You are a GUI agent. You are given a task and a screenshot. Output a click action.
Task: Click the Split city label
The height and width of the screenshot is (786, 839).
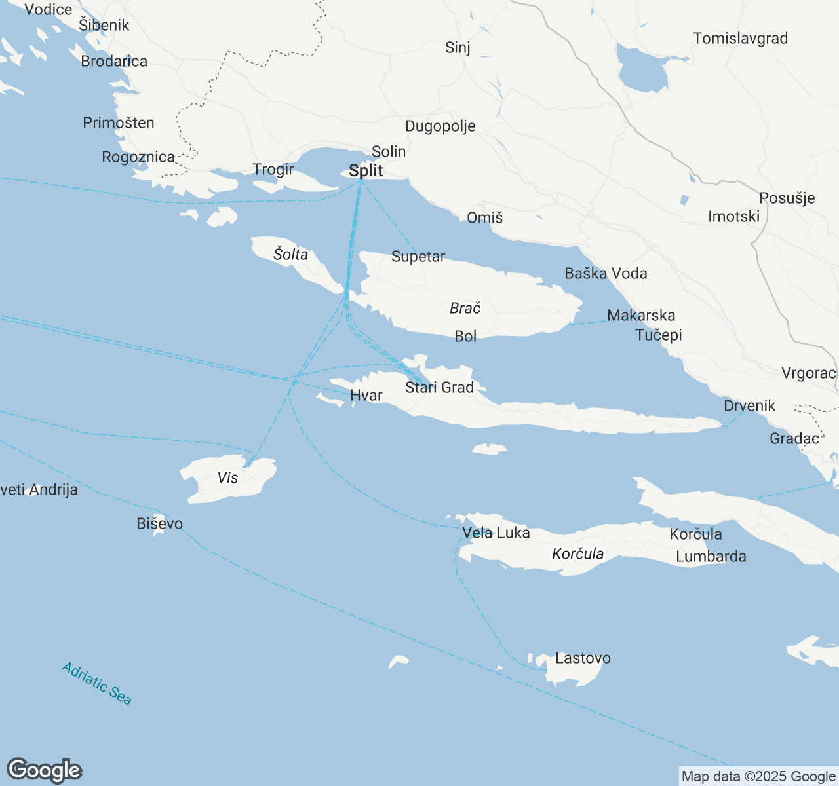click(366, 171)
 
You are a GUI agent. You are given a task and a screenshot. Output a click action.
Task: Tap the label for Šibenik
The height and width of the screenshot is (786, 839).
click(104, 26)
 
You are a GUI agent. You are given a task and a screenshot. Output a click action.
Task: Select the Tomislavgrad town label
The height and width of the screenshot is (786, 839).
click(741, 39)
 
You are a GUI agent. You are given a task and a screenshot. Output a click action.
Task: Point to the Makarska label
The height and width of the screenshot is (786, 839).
click(641, 316)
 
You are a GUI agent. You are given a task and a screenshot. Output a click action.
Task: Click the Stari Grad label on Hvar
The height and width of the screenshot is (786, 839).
click(439, 388)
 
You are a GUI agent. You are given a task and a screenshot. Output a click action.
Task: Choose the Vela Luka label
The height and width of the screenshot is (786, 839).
click(496, 533)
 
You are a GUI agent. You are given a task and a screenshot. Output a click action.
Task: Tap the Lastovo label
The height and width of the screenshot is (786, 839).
click(583, 658)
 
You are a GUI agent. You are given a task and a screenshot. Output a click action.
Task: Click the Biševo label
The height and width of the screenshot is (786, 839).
click(160, 524)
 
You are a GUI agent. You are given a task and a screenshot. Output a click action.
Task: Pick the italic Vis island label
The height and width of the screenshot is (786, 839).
click(228, 477)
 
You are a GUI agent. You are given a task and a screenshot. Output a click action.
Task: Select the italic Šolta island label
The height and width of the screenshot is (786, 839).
click(290, 254)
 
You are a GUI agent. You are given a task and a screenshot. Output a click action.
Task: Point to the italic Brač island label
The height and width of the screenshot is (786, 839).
click(465, 308)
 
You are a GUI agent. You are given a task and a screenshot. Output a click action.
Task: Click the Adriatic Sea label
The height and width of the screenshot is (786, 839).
click(97, 684)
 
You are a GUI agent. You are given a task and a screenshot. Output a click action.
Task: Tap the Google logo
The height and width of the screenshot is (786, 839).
click(44, 770)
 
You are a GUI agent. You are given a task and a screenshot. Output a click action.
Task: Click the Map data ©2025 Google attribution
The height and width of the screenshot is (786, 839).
click(758, 777)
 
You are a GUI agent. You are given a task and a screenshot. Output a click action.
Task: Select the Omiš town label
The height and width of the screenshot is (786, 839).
click(485, 218)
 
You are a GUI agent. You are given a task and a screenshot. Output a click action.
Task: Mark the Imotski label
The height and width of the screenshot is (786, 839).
click(733, 217)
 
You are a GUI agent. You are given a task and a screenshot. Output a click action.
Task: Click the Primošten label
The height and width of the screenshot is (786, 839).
click(119, 123)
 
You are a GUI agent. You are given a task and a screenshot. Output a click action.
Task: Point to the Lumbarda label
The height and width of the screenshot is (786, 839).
click(711, 557)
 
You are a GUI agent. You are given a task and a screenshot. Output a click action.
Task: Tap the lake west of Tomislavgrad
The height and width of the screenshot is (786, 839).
click(642, 69)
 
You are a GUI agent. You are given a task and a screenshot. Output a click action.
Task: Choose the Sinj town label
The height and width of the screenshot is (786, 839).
click(458, 48)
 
